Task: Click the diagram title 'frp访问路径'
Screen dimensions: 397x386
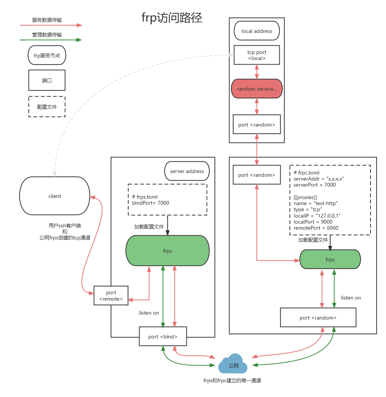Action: coord(172,18)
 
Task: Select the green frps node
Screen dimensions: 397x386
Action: coord(167,251)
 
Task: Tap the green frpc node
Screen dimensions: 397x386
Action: coord(330,260)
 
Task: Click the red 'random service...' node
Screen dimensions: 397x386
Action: coord(257,89)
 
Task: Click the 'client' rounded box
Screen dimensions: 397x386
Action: coord(55,196)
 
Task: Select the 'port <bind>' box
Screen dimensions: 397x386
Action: coord(163,336)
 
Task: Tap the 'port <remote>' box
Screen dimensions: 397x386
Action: coord(111,296)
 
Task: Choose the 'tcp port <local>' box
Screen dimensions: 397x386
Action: coord(257,55)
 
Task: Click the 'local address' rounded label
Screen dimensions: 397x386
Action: coord(257,31)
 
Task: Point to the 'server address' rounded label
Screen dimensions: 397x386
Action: coord(187,171)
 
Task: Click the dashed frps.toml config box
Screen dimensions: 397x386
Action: coord(167,200)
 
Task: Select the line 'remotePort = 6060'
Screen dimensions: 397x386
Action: coord(316,228)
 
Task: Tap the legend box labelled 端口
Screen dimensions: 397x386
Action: coord(47,80)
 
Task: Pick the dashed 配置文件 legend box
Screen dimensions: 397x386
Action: coord(47,107)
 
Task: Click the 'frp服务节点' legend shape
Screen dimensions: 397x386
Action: coord(47,55)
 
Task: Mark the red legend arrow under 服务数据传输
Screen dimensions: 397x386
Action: coord(51,25)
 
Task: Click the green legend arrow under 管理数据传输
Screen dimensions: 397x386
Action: coord(51,40)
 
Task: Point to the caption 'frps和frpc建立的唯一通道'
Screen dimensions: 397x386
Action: coord(232,380)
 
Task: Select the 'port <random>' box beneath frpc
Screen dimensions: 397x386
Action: coord(318,318)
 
